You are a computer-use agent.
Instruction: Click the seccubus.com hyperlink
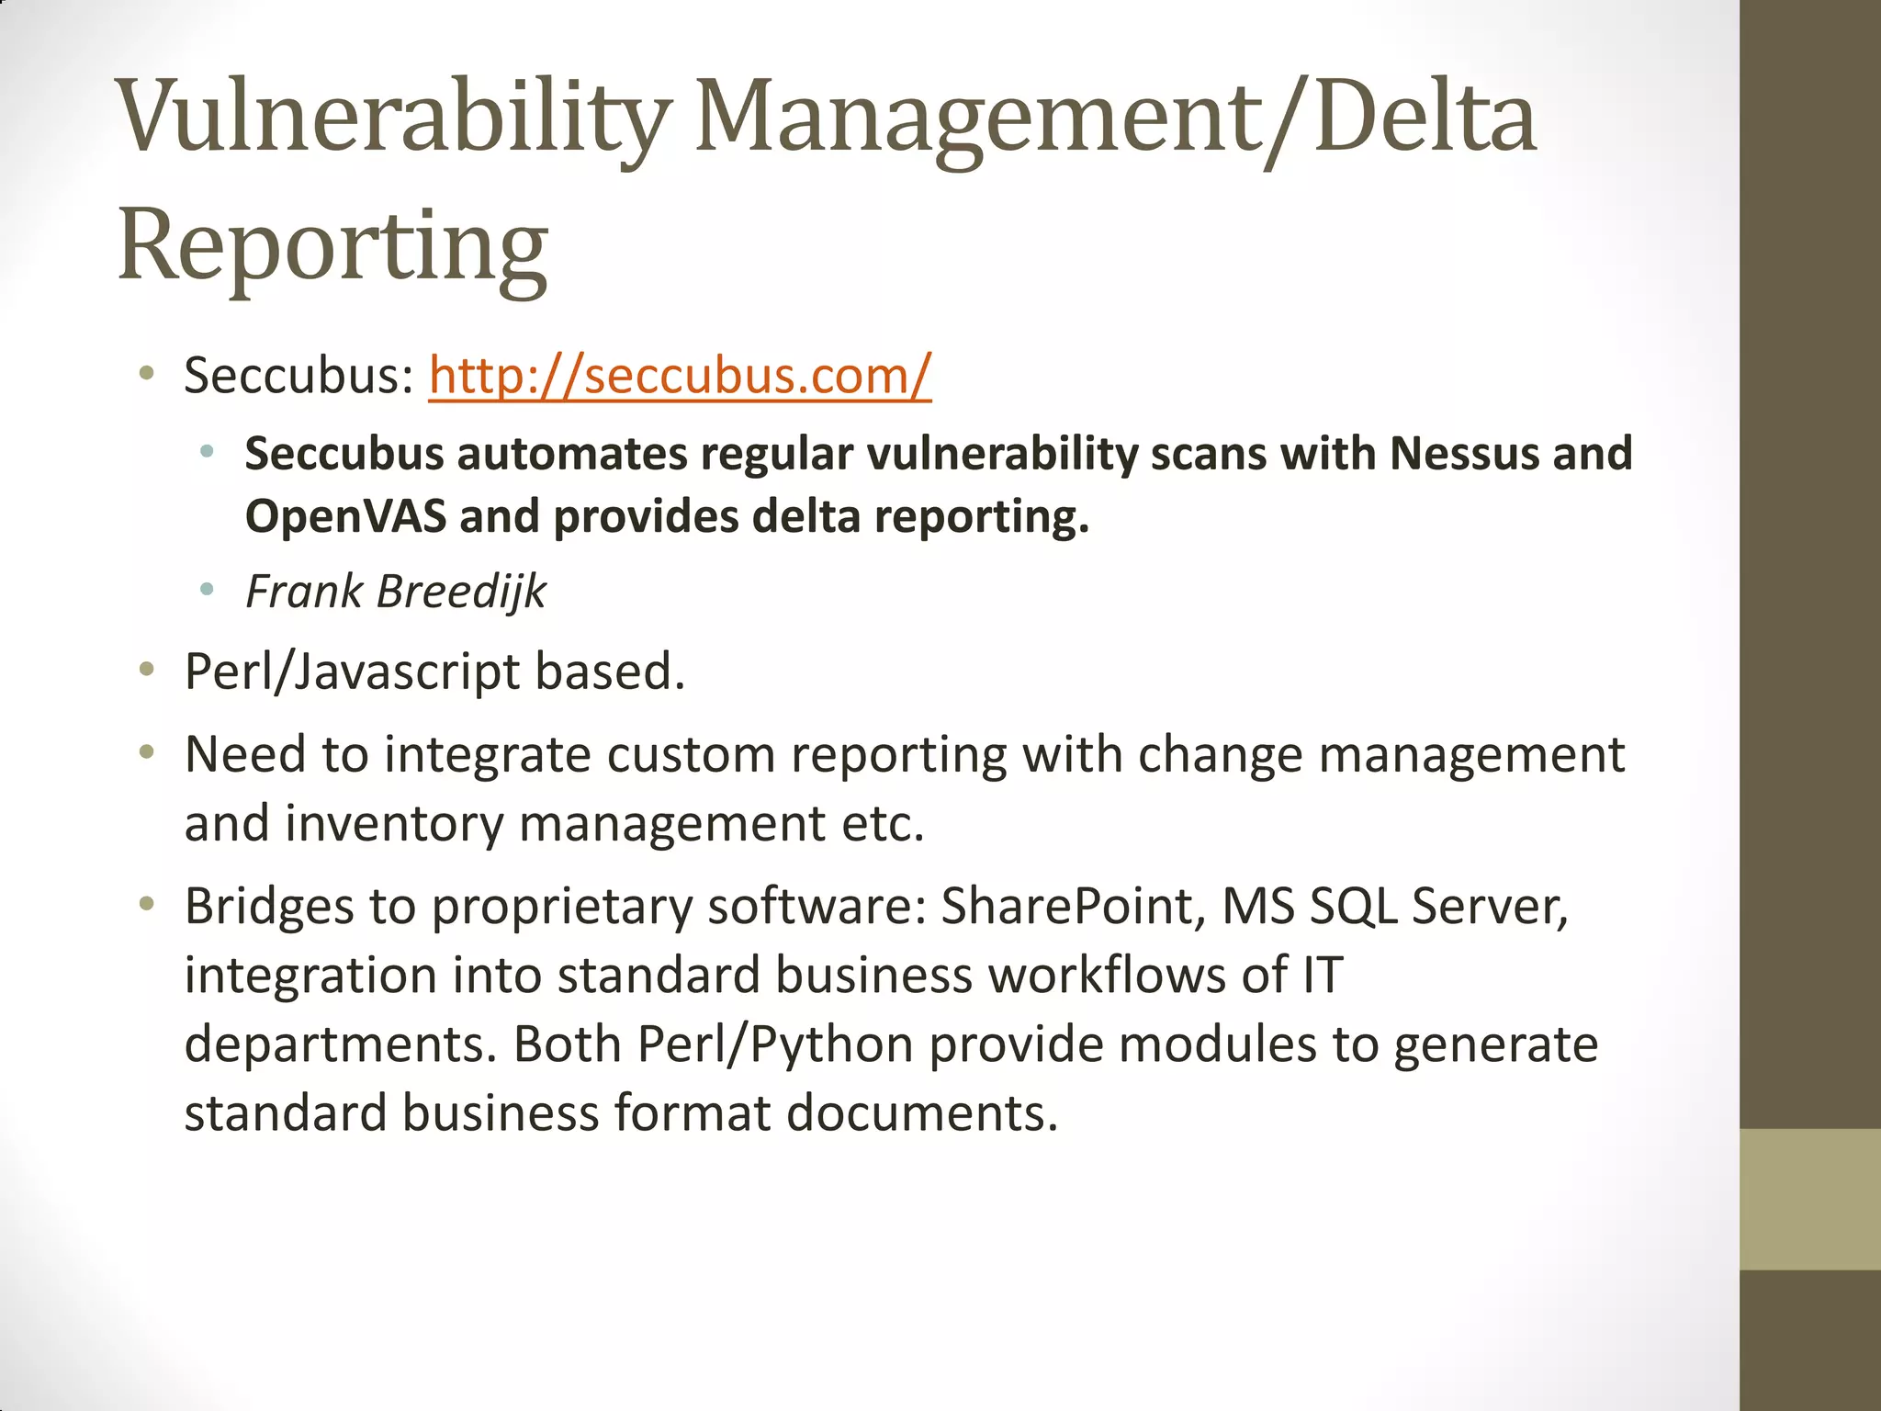pos(680,376)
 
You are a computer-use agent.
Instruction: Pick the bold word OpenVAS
pos(345,516)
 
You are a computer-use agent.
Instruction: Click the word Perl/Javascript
pos(351,672)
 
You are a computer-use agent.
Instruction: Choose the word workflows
pos(1106,975)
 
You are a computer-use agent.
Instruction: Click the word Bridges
pos(268,906)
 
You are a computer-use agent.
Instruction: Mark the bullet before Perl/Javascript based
pos(146,671)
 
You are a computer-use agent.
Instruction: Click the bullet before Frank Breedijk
pos(207,590)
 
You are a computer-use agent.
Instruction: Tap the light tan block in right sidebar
pos(1810,1199)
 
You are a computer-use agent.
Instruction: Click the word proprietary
pos(561,908)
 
